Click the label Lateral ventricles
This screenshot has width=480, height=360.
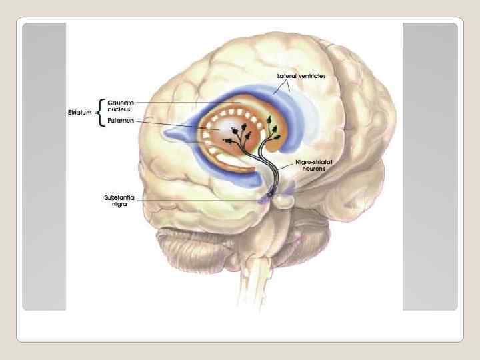click(301, 77)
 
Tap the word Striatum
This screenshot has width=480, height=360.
click(81, 112)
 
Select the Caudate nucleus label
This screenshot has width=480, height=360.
click(121, 107)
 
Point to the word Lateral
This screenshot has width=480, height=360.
click(286, 77)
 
